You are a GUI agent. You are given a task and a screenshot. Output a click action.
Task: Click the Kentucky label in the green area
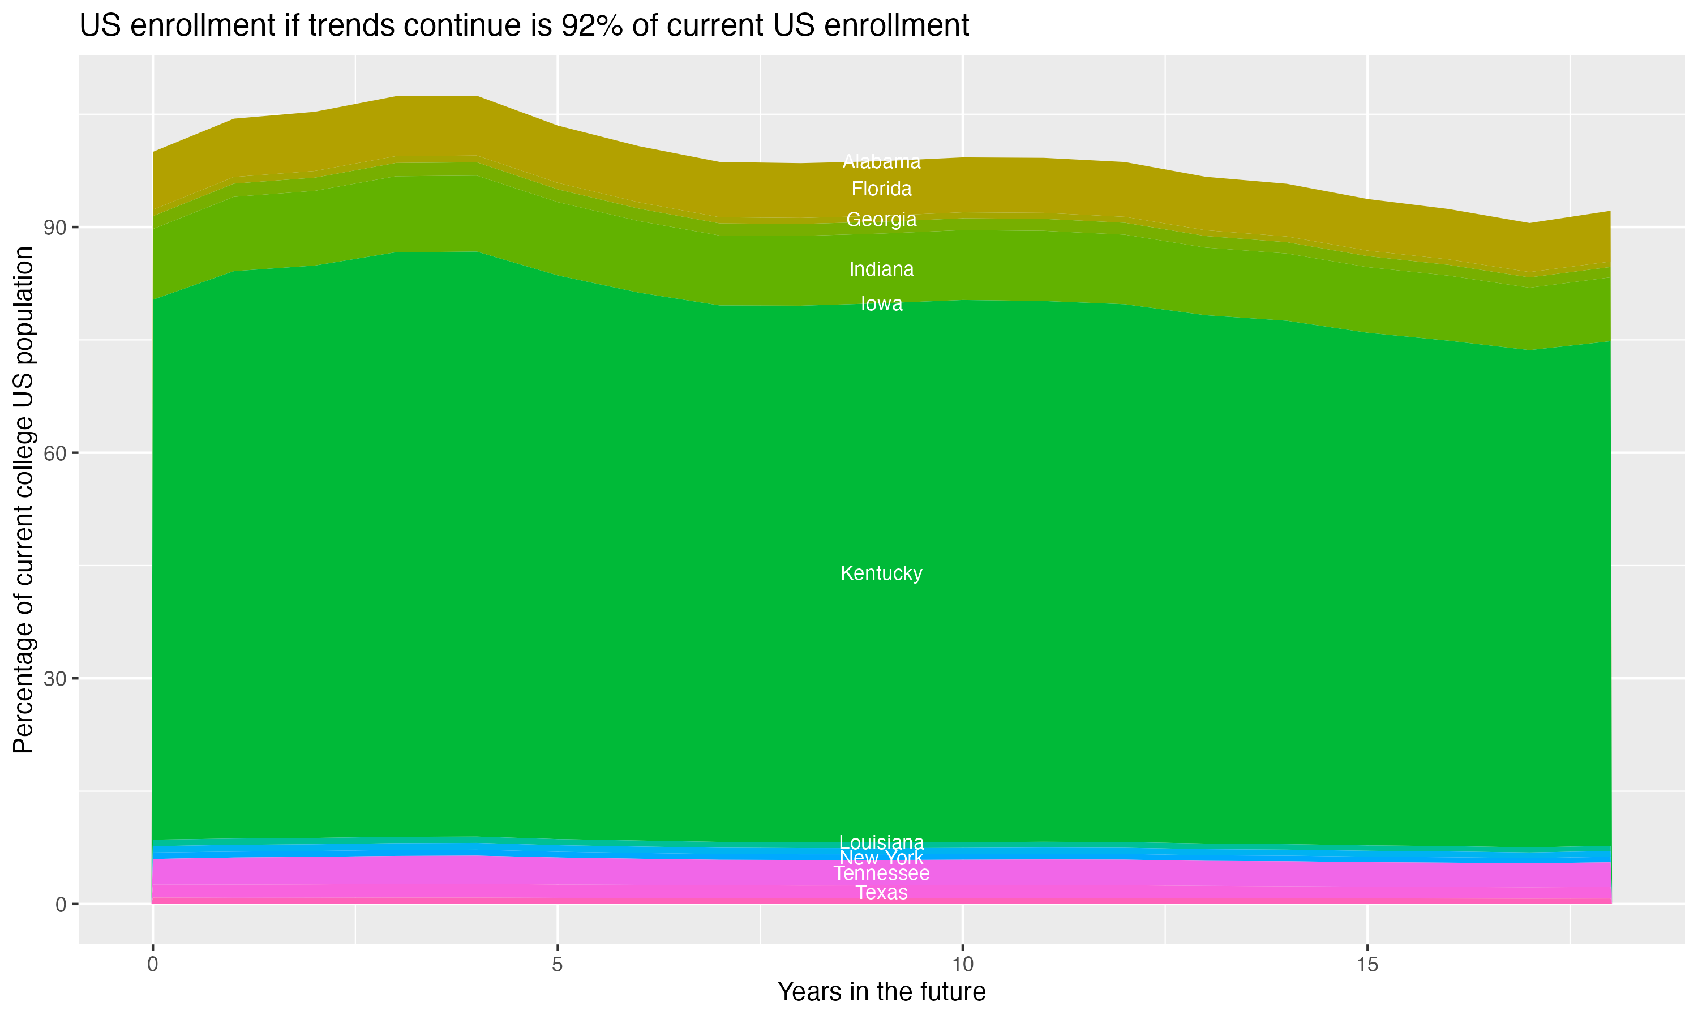tap(881, 573)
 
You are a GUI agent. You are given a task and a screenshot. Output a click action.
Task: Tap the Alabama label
tap(881, 162)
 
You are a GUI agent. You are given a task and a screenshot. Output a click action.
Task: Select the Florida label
tap(881, 189)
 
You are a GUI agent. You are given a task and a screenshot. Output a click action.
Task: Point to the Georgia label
tap(881, 219)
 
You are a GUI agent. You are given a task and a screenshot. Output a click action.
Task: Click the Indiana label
tap(881, 269)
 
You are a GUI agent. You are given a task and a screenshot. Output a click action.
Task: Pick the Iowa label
tap(881, 303)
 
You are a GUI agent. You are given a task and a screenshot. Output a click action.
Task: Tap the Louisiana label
tap(881, 842)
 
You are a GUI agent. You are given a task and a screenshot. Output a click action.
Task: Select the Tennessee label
tap(881, 874)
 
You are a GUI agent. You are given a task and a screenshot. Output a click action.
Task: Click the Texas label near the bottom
tap(881, 893)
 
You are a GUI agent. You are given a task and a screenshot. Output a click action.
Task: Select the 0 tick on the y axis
tap(62, 904)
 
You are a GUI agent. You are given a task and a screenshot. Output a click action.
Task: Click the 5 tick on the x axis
tap(558, 965)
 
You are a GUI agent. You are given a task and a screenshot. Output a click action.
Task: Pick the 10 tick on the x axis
tap(962, 965)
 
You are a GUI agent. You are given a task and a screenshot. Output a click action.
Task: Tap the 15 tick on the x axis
tap(1367, 965)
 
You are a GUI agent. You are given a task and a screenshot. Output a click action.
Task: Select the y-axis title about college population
tap(23, 499)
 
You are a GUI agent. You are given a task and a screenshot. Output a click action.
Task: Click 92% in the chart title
tap(592, 26)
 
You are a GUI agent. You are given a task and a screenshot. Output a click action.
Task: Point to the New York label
tap(881, 858)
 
